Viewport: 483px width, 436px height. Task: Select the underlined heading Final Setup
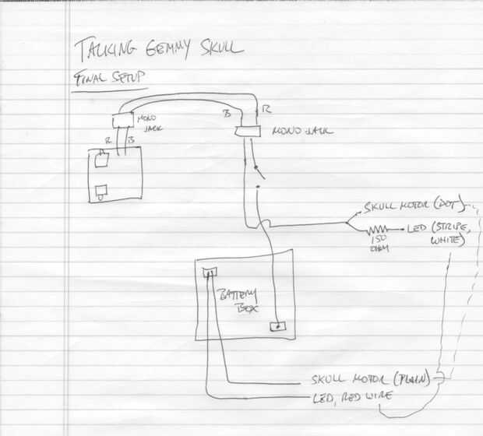point(111,79)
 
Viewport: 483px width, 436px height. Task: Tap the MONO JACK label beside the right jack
point(301,132)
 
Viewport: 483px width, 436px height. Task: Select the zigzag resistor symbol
point(379,230)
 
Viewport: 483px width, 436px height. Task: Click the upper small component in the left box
point(100,163)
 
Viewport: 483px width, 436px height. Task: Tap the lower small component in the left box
point(100,190)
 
